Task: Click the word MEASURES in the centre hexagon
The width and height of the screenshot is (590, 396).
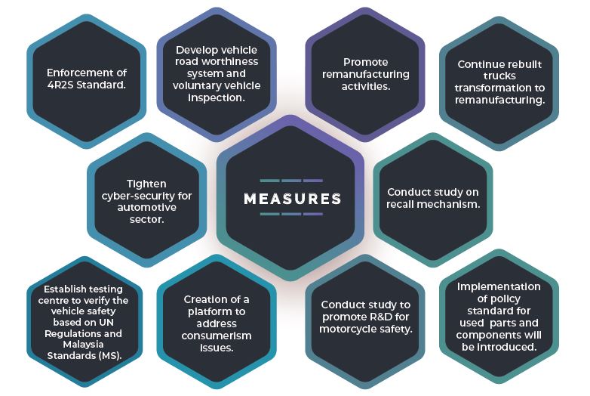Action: coord(292,199)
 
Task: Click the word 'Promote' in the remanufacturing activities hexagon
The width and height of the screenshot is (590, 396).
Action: coord(366,62)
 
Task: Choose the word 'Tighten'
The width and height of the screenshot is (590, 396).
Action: coord(146,184)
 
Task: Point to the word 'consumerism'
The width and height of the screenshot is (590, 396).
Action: coord(217,336)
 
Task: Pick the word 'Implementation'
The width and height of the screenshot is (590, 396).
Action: coord(499,286)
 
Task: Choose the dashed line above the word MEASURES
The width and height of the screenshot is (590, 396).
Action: coord(291,181)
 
